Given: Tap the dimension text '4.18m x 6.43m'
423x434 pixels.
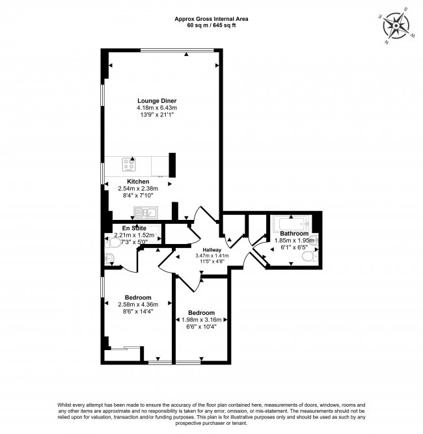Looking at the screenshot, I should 156,108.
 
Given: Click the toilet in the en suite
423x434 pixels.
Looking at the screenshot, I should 112,243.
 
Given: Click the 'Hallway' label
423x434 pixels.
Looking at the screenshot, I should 212,250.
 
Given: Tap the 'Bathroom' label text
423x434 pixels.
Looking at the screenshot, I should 294,233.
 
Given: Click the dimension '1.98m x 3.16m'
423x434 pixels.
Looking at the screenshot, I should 201,319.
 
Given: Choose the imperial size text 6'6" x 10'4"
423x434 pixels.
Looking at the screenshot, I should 201,327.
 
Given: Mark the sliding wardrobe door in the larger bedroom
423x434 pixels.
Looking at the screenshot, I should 124,348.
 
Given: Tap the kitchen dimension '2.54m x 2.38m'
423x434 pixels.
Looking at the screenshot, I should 138,189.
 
